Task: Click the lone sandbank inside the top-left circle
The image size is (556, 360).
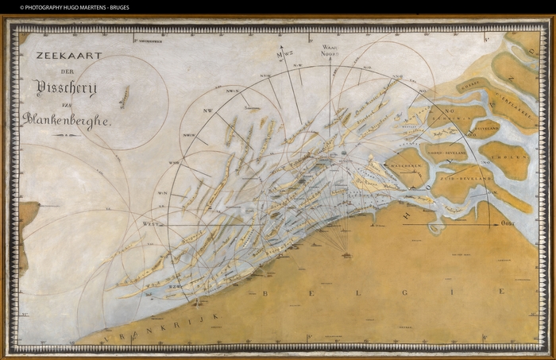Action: click(124, 98)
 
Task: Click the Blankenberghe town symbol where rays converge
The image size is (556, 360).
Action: click(346, 254)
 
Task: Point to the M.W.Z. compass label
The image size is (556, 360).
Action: click(280, 53)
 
